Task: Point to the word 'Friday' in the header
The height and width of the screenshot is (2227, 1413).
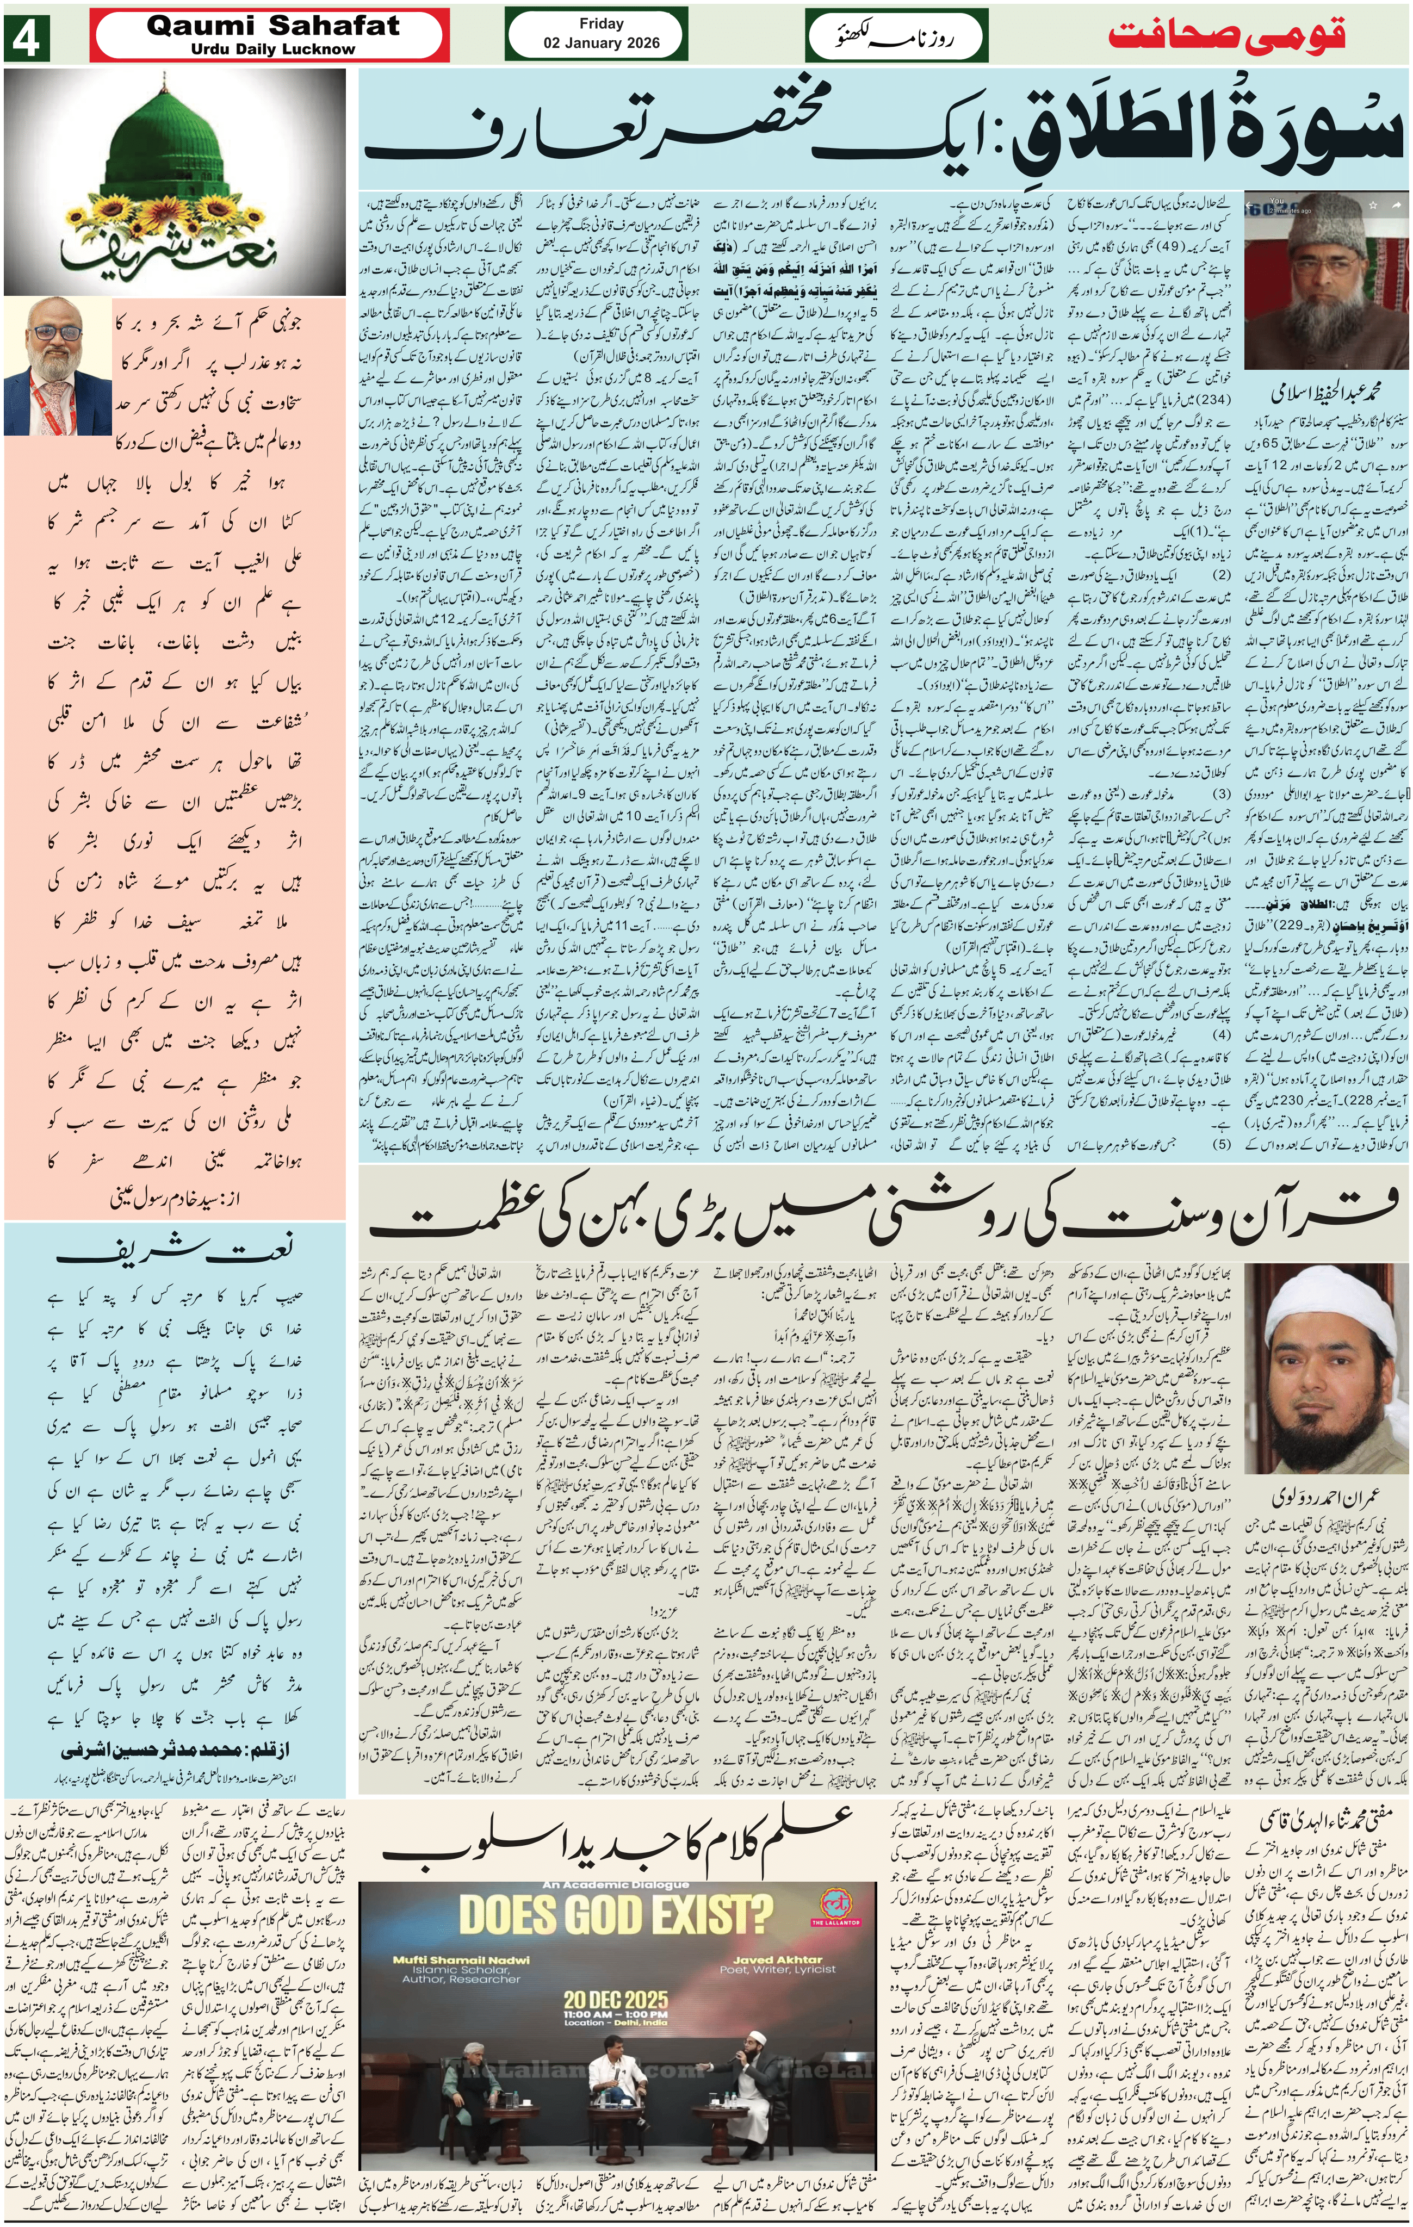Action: click(x=601, y=23)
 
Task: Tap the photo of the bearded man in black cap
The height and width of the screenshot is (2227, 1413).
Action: click(x=1322, y=282)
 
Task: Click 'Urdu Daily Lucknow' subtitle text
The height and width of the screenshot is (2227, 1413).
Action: click(x=273, y=49)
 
